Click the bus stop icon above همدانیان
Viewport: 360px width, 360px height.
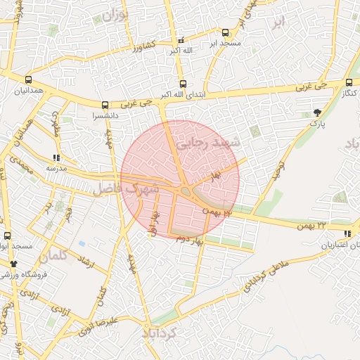[x=28, y=80]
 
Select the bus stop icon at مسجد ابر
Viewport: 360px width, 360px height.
[x=225, y=32]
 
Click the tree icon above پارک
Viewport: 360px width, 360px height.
[x=319, y=112]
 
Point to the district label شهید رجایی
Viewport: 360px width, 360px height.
[x=208, y=143]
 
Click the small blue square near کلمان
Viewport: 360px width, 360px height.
[x=82, y=243]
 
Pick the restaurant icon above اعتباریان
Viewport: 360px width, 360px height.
[x=347, y=233]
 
